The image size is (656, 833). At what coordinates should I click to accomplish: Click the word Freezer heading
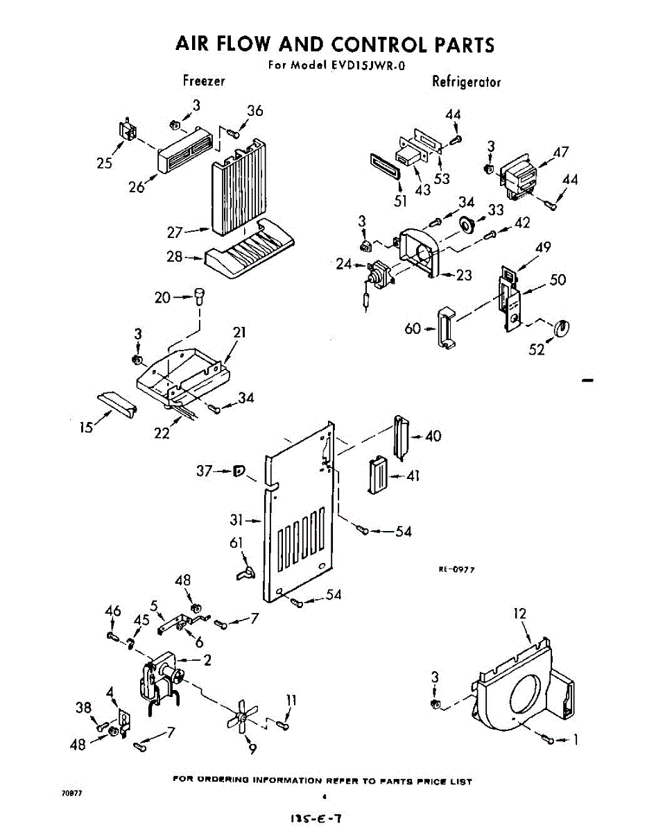(204, 81)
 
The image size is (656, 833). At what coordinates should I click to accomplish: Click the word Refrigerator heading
(466, 82)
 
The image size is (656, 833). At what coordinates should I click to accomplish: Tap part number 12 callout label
(520, 614)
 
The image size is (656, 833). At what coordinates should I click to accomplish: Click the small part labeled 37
(240, 472)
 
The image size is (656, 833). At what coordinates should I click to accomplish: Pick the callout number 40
(433, 436)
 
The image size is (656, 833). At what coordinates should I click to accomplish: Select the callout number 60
(413, 328)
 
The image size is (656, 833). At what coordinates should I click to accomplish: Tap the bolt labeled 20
(200, 296)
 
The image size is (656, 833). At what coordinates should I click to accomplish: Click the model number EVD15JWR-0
(367, 67)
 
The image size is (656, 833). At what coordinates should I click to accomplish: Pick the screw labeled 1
(551, 740)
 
